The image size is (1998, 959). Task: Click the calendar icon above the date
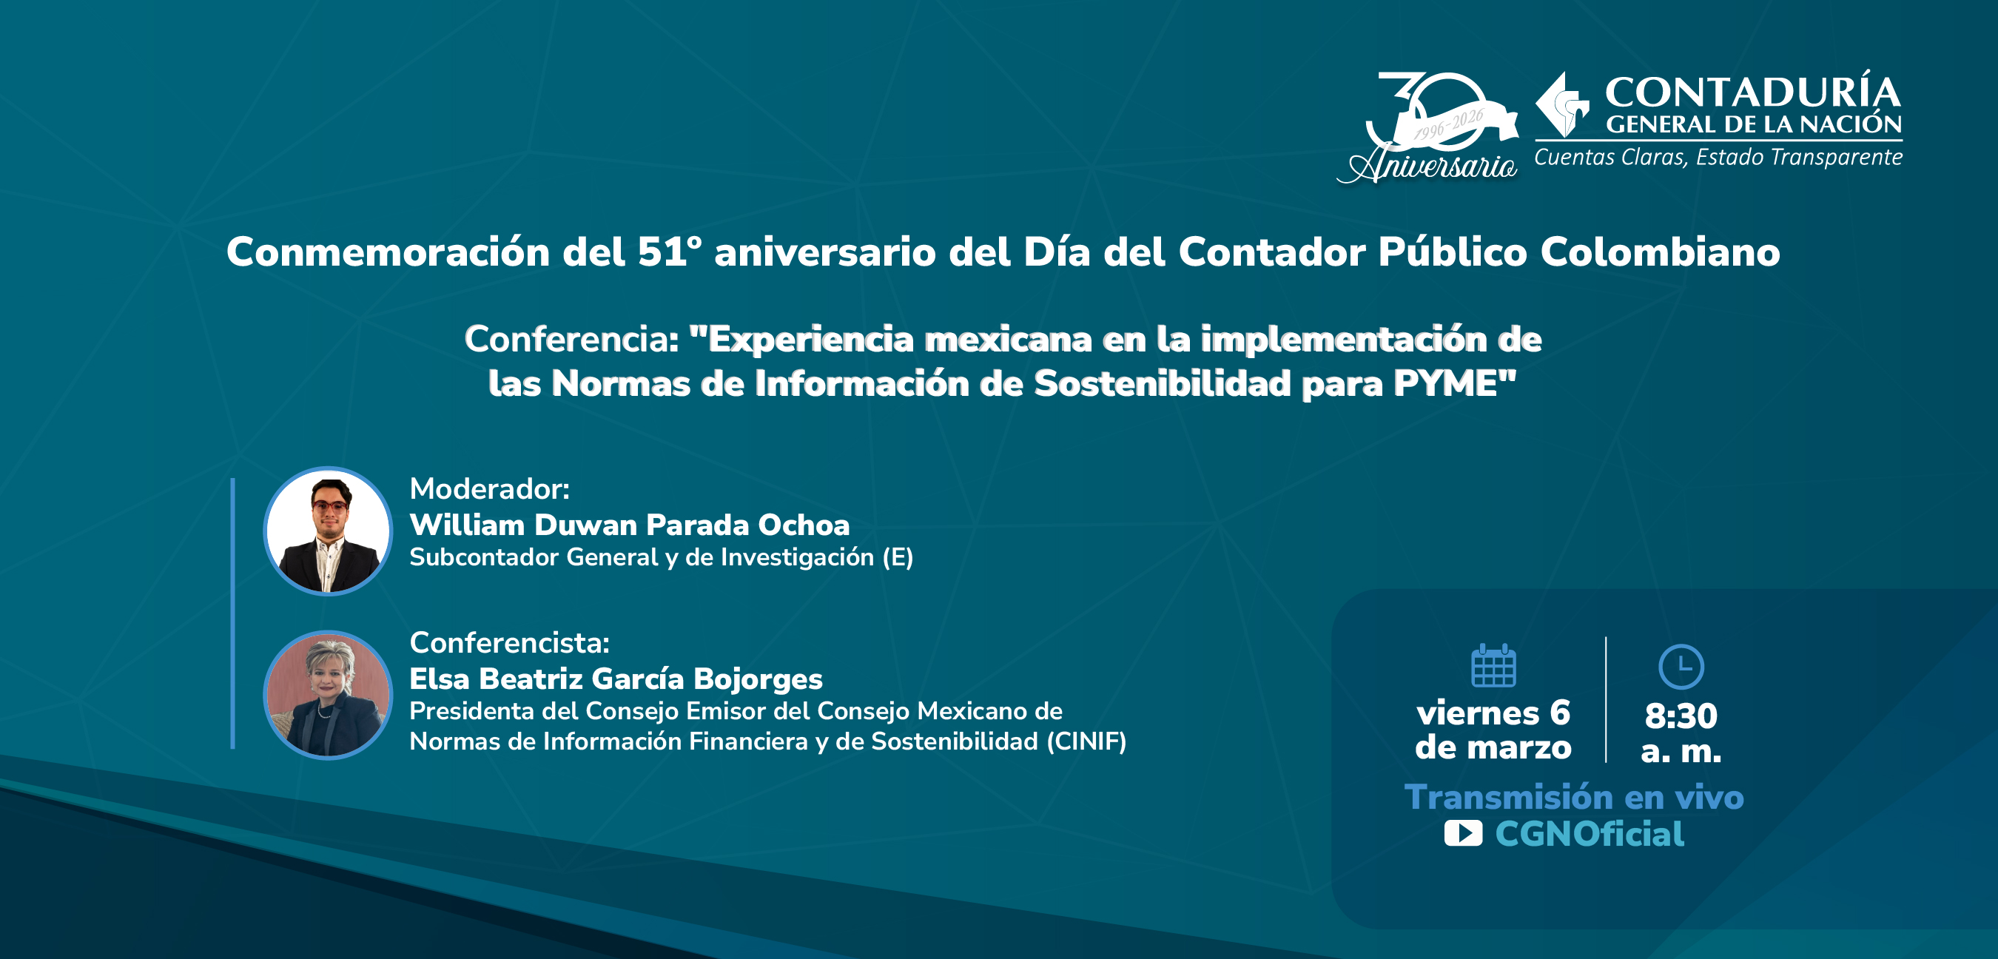tap(1493, 666)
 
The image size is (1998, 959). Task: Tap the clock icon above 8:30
tap(1681, 667)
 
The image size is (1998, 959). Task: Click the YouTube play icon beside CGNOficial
tap(1463, 833)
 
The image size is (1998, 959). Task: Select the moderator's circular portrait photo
tap(328, 531)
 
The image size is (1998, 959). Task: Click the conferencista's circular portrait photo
tap(328, 694)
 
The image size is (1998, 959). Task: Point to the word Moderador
tap(489, 489)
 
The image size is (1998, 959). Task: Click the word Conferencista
tap(510, 642)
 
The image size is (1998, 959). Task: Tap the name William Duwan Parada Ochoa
tap(629, 525)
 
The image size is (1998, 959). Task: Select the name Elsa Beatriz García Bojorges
tap(616, 678)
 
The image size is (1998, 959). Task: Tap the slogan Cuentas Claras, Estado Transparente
tap(1718, 158)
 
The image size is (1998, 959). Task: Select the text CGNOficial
tap(1590, 834)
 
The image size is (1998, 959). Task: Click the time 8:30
tap(1681, 716)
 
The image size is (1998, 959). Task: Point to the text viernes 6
tap(1493, 713)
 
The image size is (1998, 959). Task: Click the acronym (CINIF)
tap(1086, 741)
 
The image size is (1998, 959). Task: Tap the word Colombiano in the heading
tap(1660, 252)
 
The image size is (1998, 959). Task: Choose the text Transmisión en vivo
tap(1574, 797)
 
